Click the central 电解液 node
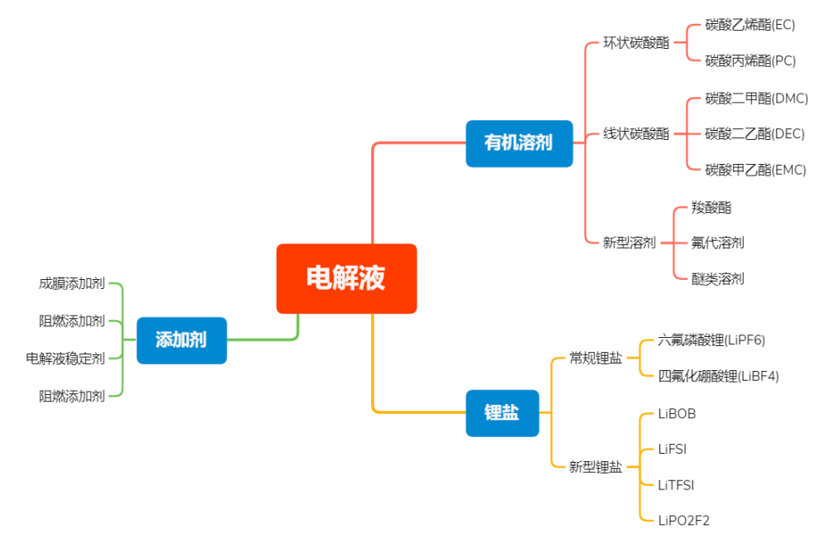click(346, 278)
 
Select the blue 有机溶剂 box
click(518, 143)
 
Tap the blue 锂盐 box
click(502, 412)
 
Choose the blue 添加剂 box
click(181, 340)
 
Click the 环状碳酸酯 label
click(636, 43)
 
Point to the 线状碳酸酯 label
click(636, 134)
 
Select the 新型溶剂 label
click(629, 243)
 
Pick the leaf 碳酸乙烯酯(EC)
click(750, 25)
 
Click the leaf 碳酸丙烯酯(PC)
click(750, 60)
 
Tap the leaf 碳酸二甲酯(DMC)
click(756, 99)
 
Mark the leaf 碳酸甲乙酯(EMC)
click(755, 170)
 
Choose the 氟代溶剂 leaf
click(717, 243)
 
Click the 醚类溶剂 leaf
click(717, 279)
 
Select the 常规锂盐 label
click(595, 358)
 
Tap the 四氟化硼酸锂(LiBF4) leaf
click(718, 376)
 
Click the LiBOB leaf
click(677, 413)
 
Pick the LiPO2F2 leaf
click(683, 521)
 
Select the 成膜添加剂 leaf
click(72, 284)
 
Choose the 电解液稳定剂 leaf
click(65, 358)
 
